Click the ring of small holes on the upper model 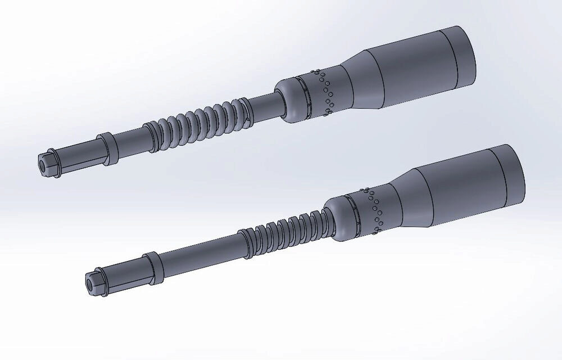325,90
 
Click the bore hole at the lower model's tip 89,280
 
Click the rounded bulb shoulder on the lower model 340,217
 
